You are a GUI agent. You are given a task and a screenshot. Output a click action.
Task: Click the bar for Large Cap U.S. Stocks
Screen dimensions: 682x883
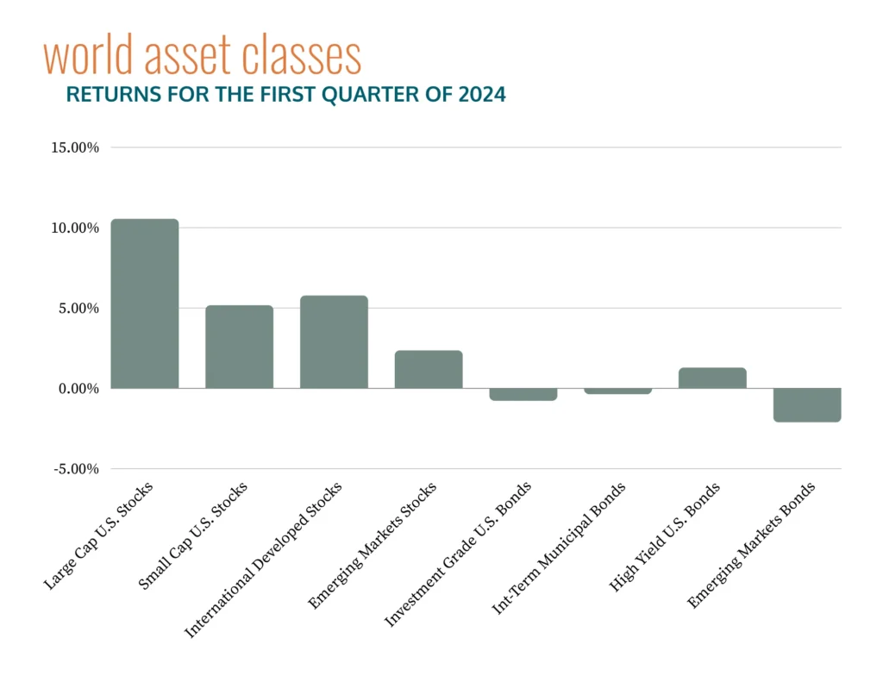click(145, 303)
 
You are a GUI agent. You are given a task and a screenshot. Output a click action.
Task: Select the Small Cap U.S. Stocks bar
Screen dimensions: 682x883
click(239, 347)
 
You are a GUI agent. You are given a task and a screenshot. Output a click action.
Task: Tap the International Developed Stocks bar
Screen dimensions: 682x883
click(334, 341)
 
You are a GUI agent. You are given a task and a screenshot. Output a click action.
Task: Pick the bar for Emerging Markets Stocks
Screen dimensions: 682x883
click(429, 369)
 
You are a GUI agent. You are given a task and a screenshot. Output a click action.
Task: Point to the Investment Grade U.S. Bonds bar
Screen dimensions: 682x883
click(523, 395)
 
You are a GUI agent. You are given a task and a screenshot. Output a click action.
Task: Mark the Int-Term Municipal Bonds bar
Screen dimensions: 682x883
click(617, 391)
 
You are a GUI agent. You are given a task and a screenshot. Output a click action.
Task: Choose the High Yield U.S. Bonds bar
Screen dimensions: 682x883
click(712, 378)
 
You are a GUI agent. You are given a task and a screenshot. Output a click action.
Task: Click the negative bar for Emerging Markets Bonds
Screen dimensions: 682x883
click(807, 405)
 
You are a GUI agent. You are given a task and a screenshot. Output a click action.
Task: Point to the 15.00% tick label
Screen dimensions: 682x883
click(77, 147)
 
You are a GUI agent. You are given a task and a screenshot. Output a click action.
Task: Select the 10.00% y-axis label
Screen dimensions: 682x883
click(77, 228)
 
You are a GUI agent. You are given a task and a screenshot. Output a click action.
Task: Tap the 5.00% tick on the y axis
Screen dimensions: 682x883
click(80, 308)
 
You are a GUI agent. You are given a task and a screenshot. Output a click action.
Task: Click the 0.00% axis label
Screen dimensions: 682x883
click(80, 389)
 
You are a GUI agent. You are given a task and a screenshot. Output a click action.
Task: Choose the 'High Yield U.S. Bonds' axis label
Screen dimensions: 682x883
click(666, 537)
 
